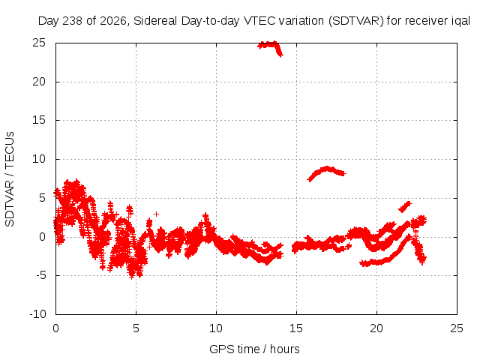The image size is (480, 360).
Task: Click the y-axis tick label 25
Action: pyautogui.click(x=39, y=43)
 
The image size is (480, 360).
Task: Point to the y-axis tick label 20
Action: pyautogui.click(x=39, y=82)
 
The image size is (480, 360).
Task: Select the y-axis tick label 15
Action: pyautogui.click(x=39, y=120)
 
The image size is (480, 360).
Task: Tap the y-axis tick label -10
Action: pyautogui.click(x=37, y=314)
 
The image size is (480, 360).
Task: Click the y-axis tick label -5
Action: pyautogui.click(x=40, y=275)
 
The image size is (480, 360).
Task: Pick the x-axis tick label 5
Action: pyautogui.click(x=136, y=328)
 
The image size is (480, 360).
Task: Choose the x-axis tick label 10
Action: pyautogui.click(x=216, y=328)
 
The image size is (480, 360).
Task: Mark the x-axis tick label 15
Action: pyautogui.click(x=296, y=328)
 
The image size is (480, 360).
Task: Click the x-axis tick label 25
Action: pyautogui.click(x=457, y=328)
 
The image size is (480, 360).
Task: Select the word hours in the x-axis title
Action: pyautogui.click(x=285, y=349)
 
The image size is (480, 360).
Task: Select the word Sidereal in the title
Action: pyautogui.click(x=155, y=21)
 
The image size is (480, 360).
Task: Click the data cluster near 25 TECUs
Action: pyautogui.click(x=270, y=47)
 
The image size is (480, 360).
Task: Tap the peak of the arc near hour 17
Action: pyautogui.click(x=327, y=168)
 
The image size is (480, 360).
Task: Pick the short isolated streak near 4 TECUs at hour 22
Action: pyautogui.click(x=405, y=207)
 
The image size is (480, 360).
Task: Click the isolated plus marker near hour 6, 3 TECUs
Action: pyautogui.click(x=157, y=214)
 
